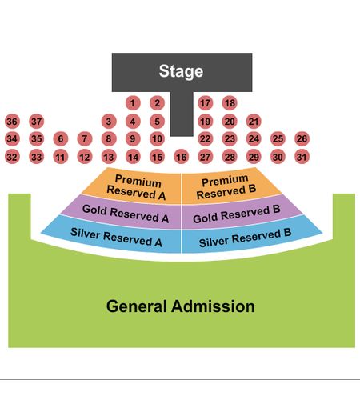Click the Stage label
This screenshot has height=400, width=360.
(181, 71)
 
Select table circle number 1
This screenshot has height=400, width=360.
(133, 103)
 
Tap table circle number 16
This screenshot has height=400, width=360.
(182, 157)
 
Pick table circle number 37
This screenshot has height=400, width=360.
(37, 122)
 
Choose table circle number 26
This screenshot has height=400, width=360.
(302, 138)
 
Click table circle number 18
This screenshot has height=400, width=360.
(230, 103)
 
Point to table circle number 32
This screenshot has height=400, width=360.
(12, 157)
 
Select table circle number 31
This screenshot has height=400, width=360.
(302, 157)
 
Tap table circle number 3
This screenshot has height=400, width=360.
(109, 122)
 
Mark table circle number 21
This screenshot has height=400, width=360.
(254, 122)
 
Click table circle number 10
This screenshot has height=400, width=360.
(157, 138)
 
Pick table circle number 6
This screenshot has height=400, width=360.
(61, 138)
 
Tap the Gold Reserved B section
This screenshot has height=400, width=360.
(238, 214)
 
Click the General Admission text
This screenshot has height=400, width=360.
(181, 306)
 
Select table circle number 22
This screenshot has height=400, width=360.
(206, 138)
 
